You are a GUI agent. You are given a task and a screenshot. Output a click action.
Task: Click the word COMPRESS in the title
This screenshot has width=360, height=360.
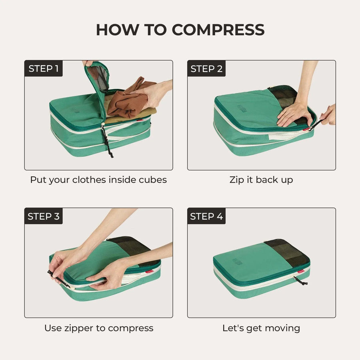[218, 30]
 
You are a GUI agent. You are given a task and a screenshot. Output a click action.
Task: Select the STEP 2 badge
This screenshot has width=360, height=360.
[206, 68]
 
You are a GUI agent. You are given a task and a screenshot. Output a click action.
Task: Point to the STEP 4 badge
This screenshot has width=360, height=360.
[206, 216]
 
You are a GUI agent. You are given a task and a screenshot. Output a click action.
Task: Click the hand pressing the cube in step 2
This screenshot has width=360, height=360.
[294, 114]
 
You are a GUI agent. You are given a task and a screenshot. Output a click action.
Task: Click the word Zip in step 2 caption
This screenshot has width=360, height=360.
[236, 180]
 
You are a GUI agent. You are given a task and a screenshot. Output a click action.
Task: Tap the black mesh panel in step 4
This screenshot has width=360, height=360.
[289, 253]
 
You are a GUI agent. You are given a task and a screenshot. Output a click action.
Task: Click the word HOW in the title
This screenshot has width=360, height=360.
[116, 30]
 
